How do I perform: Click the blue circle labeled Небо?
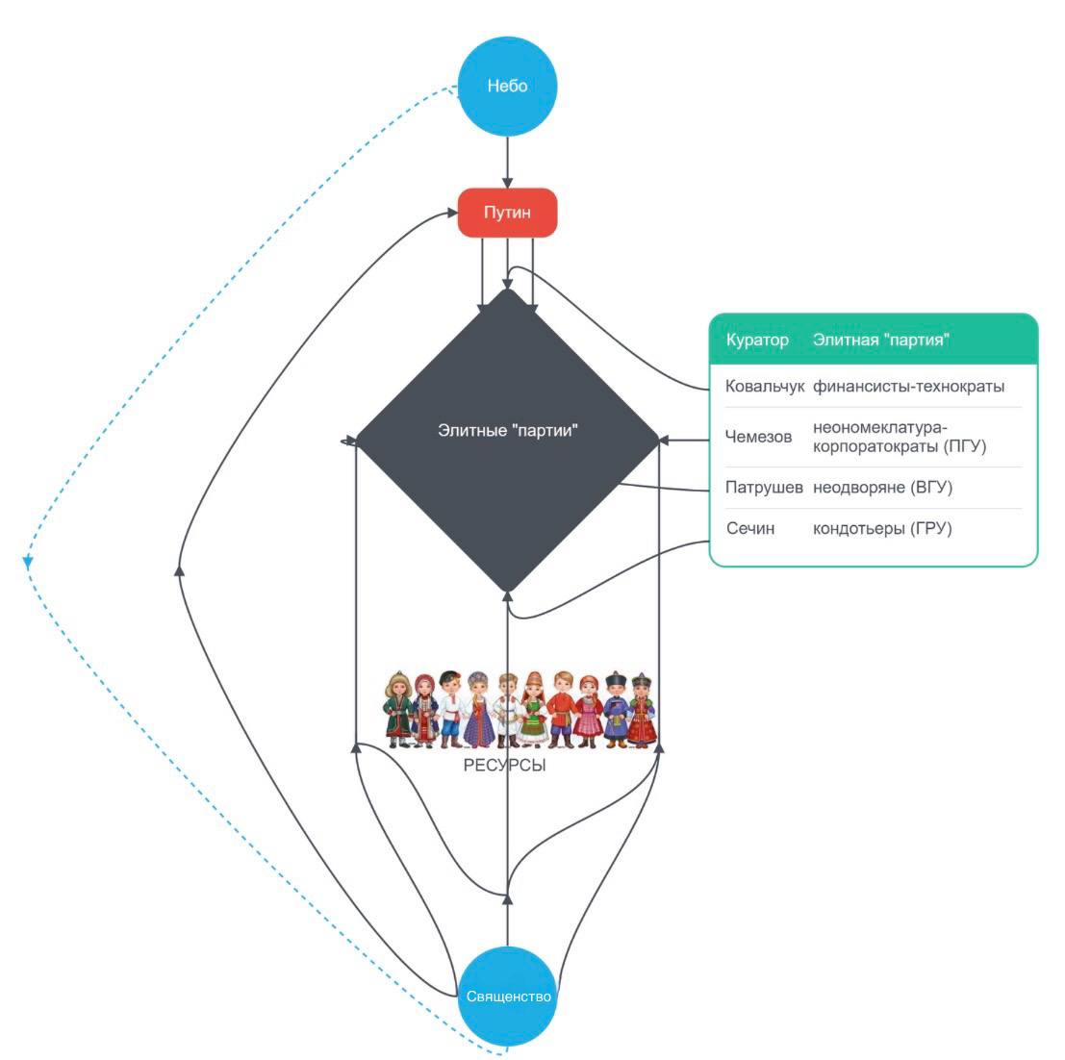click(507, 87)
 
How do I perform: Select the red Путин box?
click(507, 213)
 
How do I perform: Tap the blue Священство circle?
click(508, 997)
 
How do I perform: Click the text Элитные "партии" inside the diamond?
click(507, 430)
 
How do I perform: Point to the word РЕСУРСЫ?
click(504, 767)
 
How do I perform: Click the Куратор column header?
click(757, 340)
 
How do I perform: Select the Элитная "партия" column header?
click(881, 340)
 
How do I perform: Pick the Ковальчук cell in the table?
click(764, 387)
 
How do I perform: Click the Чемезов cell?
click(758, 437)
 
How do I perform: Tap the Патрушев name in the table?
click(764, 488)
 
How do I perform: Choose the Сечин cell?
click(750, 528)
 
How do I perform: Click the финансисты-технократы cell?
click(908, 387)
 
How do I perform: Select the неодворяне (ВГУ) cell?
click(882, 488)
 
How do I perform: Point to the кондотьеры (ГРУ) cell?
click(881, 528)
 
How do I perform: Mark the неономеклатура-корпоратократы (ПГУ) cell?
click(899, 437)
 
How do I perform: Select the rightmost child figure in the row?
click(642, 710)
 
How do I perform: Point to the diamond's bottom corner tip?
click(508, 590)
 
